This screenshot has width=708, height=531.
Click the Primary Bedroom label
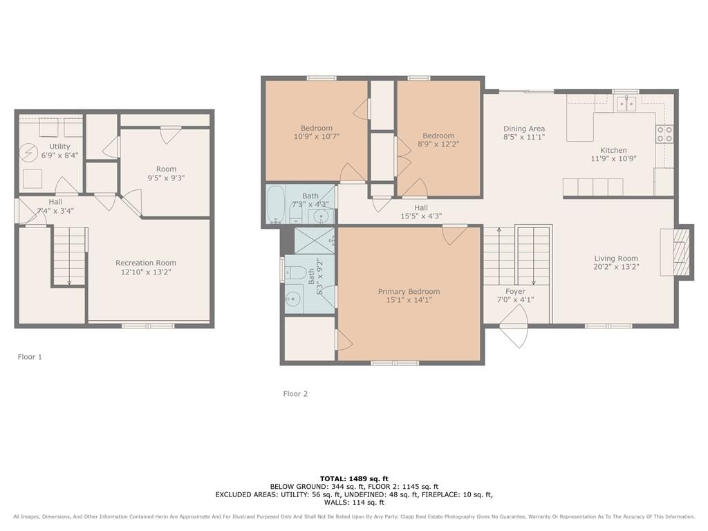[x=409, y=292]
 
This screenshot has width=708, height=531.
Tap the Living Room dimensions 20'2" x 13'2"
[x=616, y=267]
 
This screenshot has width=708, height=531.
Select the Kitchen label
[x=613, y=150]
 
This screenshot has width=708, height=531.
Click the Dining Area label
[x=524, y=129]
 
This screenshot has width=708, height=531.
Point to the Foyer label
[x=515, y=291]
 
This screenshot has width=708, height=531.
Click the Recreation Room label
[x=146, y=263]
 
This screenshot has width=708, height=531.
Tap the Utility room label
[x=59, y=147]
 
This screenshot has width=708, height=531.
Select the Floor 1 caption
[x=30, y=357]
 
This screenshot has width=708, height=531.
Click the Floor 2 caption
[x=295, y=393]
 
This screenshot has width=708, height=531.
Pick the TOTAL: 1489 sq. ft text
[x=354, y=478]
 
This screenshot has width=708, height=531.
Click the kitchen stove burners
[x=664, y=134]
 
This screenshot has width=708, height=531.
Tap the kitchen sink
[x=626, y=104]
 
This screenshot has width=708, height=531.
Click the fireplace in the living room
[x=676, y=252]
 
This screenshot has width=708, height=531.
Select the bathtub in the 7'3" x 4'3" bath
[x=275, y=205]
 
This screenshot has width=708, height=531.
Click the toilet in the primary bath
[x=295, y=272]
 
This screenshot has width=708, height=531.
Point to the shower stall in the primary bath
[x=315, y=241]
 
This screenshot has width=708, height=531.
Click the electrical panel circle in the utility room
[x=29, y=153]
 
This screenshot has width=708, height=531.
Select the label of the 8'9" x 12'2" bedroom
[x=438, y=136]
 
